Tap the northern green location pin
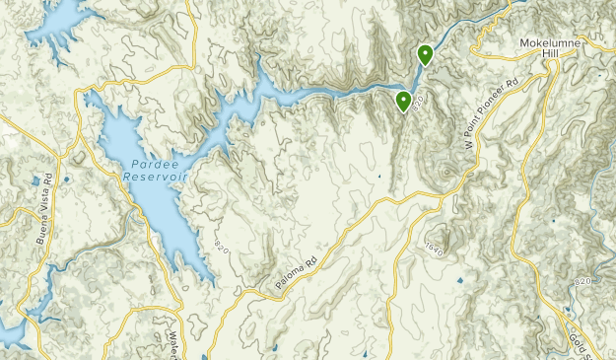[x=425, y=54]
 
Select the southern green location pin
[x=404, y=100]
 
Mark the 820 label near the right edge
[x=582, y=282]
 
